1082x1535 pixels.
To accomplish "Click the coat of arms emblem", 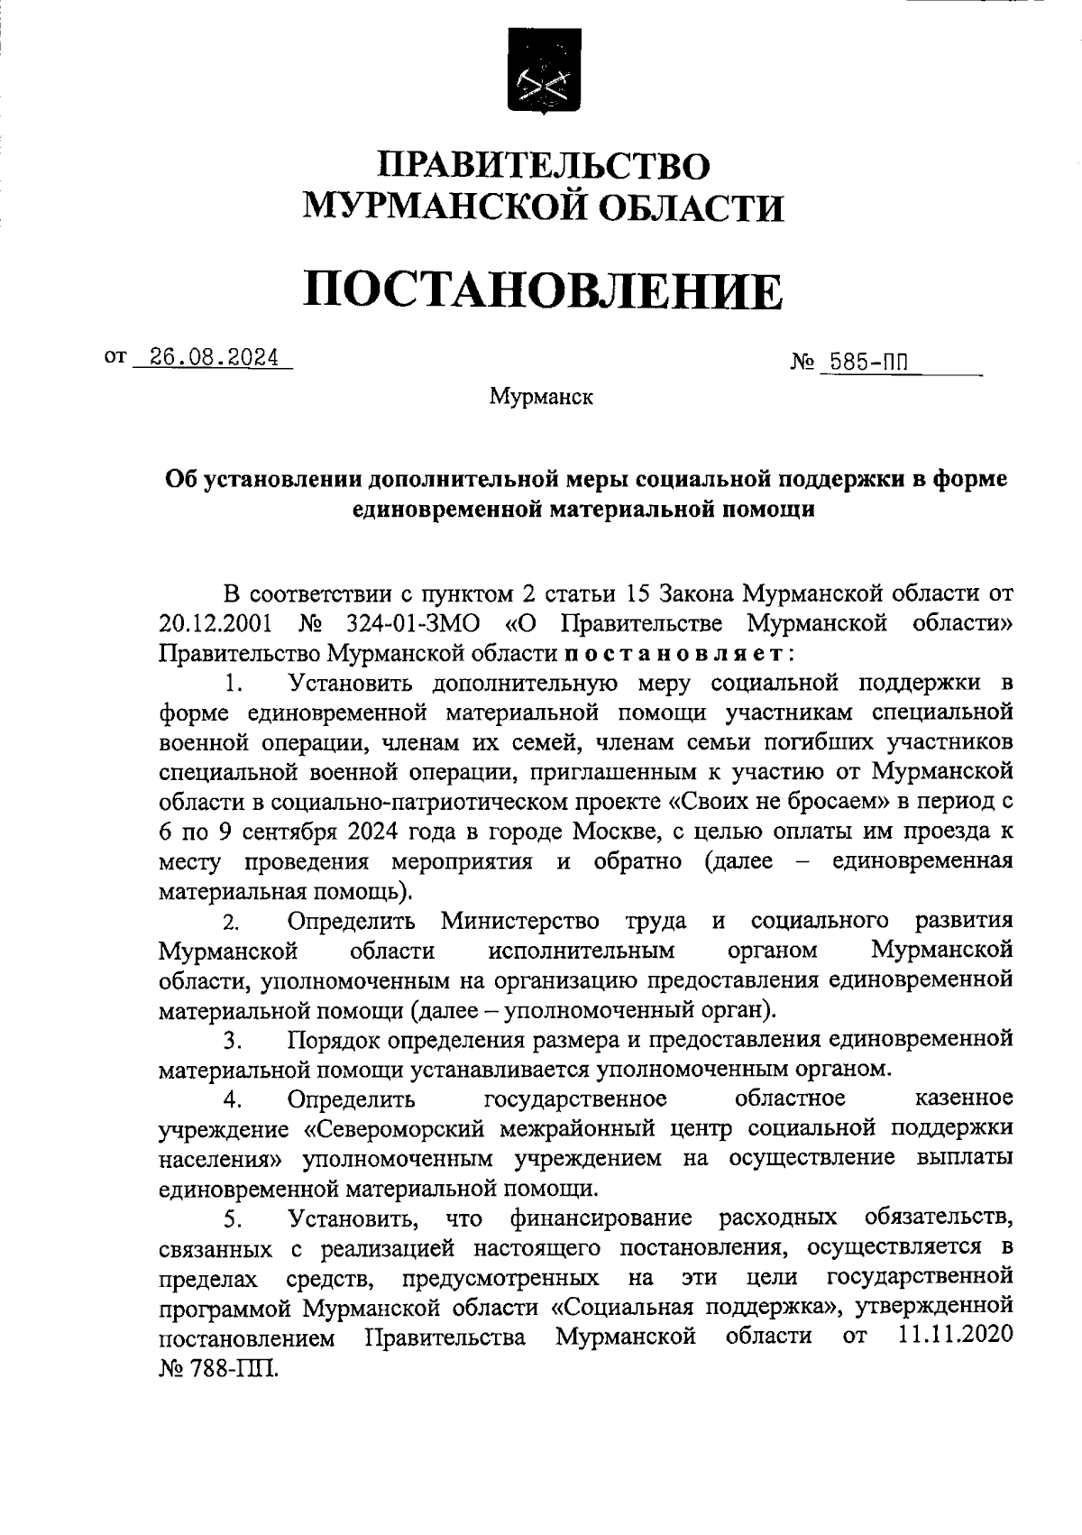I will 542,72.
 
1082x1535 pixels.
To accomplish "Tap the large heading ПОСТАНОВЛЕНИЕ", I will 542,290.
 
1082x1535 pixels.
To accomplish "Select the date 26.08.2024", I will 214,357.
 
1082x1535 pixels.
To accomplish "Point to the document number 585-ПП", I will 865,363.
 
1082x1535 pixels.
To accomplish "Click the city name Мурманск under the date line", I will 541,397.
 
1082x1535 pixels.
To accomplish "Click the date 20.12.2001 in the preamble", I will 213,623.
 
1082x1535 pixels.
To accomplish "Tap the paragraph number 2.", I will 232,923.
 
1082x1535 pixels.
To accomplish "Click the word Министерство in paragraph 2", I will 520,921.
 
